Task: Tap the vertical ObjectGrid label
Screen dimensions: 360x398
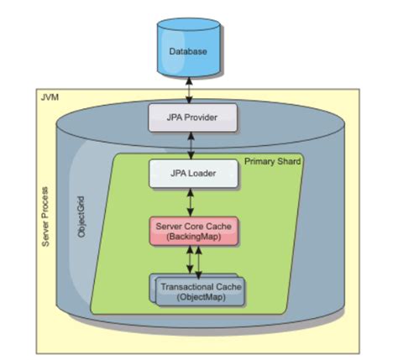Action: pyautogui.click(x=81, y=217)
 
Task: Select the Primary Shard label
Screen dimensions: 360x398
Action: pyautogui.click(x=273, y=159)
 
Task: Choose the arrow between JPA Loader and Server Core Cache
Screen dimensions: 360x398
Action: pyautogui.click(x=195, y=201)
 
